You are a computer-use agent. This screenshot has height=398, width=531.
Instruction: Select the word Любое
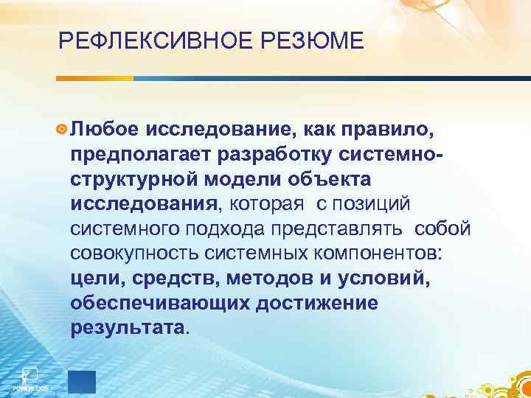click(x=103, y=130)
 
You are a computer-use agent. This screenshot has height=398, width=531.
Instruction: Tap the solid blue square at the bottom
click(x=81, y=381)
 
